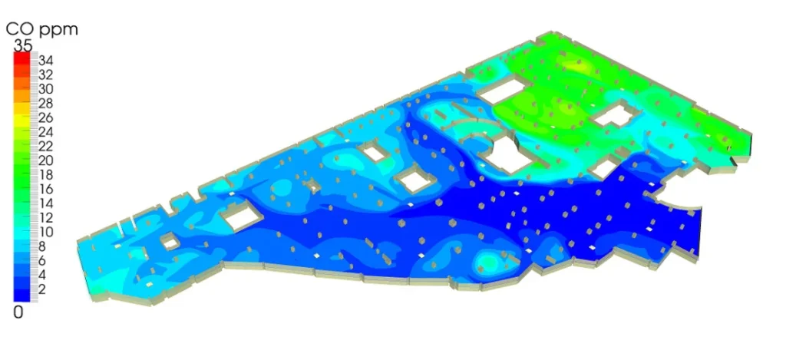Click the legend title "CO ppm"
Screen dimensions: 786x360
pyautogui.click(x=42, y=29)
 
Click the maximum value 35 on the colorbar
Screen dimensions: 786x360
pyautogui.click(x=22, y=45)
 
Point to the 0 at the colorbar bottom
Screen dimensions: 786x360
pyautogui.click(x=18, y=313)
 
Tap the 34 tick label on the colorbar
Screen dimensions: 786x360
pyautogui.click(x=46, y=61)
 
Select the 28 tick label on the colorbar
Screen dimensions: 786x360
pyautogui.click(x=46, y=104)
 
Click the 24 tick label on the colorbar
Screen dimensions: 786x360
pyautogui.click(x=46, y=132)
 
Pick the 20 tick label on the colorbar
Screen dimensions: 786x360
pyautogui.click(x=46, y=161)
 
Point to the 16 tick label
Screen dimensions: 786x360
pyautogui.click(x=46, y=190)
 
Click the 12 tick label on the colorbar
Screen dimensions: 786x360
pyautogui.click(x=46, y=218)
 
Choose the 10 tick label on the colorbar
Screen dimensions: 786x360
pyautogui.click(x=46, y=232)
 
